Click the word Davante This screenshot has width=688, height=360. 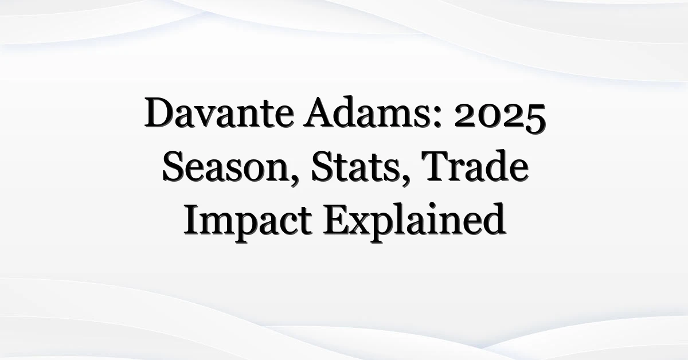click(x=219, y=113)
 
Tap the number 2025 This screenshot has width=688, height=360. click(x=500, y=117)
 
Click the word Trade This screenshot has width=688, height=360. click(x=475, y=166)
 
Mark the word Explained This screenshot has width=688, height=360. click(x=414, y=221)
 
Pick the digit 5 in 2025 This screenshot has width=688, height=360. click(x=535, y=119)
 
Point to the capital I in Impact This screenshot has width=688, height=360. click(x=191, y=220)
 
